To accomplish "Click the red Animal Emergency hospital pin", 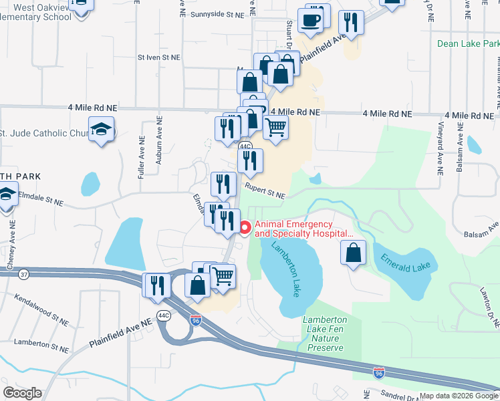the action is click(245, 229).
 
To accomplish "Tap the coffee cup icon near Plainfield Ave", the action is click(311, 20).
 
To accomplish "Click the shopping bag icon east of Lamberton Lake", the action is click(354, 253).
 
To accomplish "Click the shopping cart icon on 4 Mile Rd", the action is click(275, 126).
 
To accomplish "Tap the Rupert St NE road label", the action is click(265, 192).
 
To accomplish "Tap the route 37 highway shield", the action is click(24, 274).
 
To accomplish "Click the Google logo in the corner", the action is click(22, 393).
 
